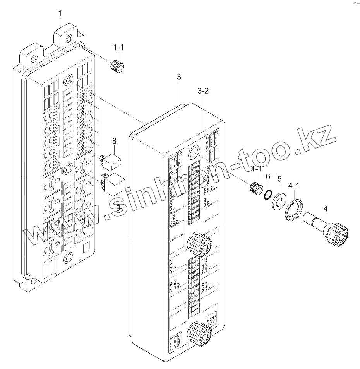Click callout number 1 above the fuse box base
coord(60,14)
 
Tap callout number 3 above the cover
coord(178,77)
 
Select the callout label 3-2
coord(203,91)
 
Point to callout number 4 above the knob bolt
coord(325,209)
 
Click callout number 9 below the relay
coord(118,208)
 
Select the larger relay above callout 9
coord(113,182)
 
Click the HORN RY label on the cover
coord(207,201)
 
